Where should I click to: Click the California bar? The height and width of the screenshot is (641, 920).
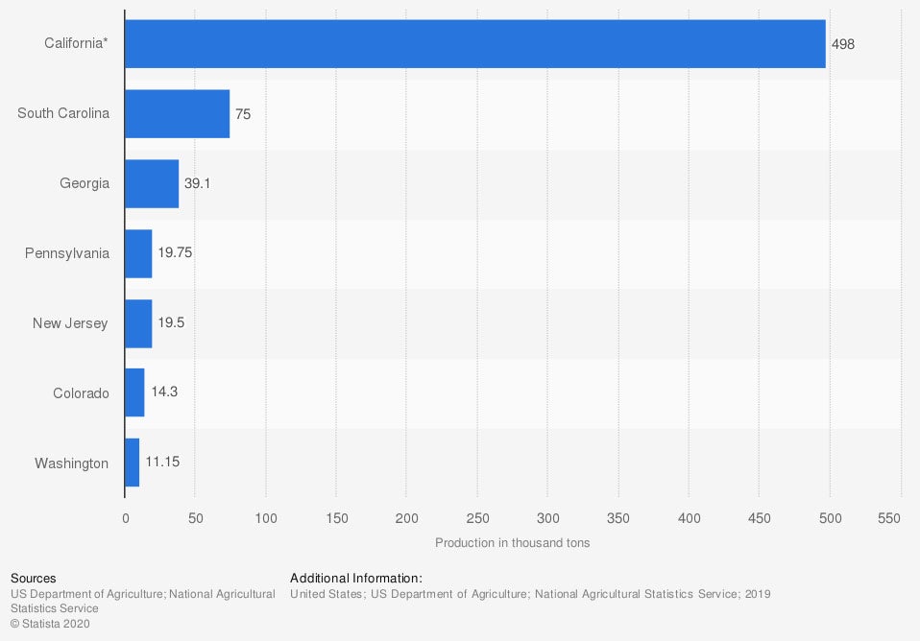pos(474,43)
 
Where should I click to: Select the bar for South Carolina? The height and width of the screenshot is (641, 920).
pos(177,113)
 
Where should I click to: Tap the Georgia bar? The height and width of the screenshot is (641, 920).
pos(152,183)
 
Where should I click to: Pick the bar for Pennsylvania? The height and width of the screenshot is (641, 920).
pos(138,253)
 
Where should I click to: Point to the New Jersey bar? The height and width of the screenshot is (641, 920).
pos(138,323)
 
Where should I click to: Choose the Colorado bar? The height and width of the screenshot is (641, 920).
pos(134,393)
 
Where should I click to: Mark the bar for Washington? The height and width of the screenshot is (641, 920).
pos(133,463)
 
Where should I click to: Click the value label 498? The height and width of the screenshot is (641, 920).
pos(843,44)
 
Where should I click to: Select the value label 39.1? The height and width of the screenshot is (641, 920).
pos(197,183)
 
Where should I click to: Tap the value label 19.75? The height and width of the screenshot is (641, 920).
pos(176,253)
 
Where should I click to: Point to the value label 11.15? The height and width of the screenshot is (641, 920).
pos(162,462)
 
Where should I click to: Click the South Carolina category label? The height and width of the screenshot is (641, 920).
pos(63,113)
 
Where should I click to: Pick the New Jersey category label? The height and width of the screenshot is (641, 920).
pos(70,323)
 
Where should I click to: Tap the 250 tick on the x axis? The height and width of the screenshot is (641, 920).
pos(477,518)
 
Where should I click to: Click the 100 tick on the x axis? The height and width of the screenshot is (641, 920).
pos(266,518)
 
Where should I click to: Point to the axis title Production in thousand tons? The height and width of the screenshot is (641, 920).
pos(512,543)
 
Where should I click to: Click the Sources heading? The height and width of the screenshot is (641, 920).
pos(33,579)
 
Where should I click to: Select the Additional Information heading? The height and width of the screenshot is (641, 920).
pos(355,579)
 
